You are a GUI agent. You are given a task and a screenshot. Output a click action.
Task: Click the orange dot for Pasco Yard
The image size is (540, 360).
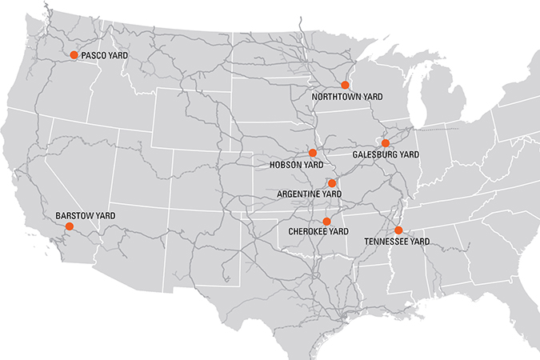point(74,55)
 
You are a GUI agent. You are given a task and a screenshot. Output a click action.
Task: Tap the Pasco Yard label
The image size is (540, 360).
point(105,55)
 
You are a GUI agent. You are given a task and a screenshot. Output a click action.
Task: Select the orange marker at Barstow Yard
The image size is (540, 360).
point(69,226)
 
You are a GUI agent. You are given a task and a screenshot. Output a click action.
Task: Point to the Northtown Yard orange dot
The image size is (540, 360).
point(346,85)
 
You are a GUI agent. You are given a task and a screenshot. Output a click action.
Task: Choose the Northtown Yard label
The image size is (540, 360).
point(347,96)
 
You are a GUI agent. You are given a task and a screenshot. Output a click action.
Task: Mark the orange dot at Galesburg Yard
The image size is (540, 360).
point(385,143)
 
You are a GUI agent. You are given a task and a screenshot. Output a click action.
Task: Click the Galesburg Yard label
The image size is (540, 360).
point(386,154)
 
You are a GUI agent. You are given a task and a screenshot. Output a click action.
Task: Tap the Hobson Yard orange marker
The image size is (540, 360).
point(313,153)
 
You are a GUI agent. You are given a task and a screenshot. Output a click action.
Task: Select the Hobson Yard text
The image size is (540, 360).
point(297,165)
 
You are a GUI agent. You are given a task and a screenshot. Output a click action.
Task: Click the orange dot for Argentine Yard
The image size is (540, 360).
point(332,183)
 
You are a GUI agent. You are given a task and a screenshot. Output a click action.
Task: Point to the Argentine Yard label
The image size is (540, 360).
point(309,194)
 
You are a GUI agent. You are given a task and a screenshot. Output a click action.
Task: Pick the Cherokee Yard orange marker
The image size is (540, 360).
point(326,221)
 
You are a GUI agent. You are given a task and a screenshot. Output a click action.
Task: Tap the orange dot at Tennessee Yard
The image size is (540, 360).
point(398,230)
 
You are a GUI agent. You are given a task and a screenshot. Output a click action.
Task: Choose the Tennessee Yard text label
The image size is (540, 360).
point(397,242)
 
